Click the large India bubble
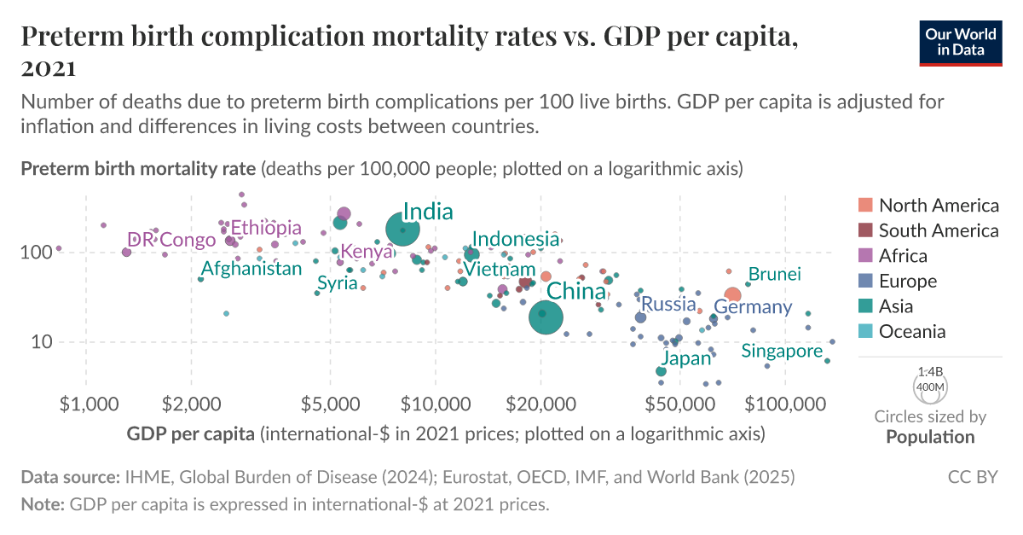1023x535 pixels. click(402, 229)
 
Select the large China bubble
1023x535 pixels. click(546, 317)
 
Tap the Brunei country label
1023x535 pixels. click(774, 274)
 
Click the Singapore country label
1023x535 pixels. click(782, 351)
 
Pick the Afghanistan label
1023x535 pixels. click(251, 269)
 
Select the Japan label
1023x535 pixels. click(686, 359)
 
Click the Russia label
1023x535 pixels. click(668, 304)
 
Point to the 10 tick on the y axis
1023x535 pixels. click(66, 342)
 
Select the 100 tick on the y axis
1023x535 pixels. click(61, 253)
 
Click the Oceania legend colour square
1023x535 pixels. click(864, 331)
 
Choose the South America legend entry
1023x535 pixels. click(938, 230)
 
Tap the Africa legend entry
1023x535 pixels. click(902, 256)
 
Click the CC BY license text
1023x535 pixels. click(972, 477)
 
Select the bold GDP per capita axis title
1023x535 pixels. click(191, 433)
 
